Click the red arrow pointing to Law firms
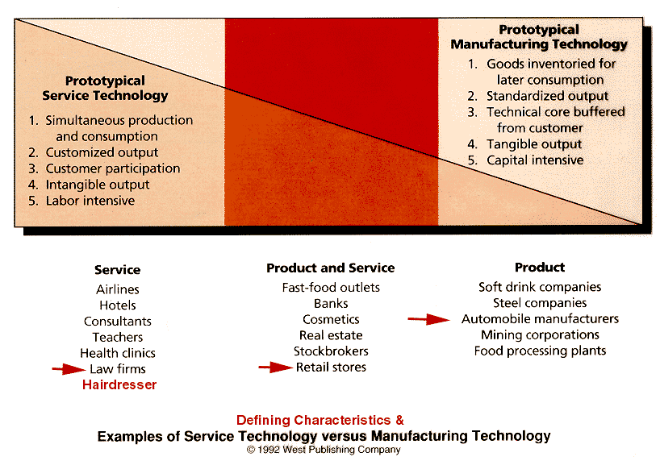69,369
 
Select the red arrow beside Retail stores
275,368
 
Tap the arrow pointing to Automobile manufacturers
428,319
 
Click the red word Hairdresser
119,385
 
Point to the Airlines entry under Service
118,289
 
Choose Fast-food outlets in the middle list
331,288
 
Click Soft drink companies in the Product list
540,287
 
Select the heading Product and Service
331,268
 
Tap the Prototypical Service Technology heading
105,88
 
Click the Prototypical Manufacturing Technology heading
539,37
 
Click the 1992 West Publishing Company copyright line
324,450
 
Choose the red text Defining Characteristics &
320,420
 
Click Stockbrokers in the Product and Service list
331,351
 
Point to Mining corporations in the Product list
540,335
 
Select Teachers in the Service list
118,338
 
